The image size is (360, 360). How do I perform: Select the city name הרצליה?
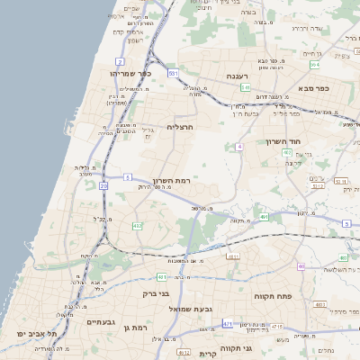[x=181, y=128]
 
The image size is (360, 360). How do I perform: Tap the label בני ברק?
[x=157, y=293]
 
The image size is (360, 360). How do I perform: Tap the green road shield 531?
[x=174, y=72]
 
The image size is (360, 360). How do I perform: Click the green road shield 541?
[x=245, y=88]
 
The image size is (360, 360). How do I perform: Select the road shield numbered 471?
[x=228, y=324]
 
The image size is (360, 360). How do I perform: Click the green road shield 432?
[x=138, y=226]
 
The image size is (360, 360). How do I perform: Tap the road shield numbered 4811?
[x=233, y=257]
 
